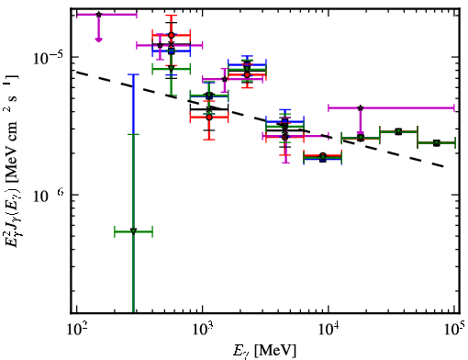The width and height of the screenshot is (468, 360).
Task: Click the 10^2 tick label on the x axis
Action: [77, 330]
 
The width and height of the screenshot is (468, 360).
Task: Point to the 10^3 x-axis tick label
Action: [203, 330]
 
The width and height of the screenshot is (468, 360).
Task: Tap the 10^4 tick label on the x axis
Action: [329, 330]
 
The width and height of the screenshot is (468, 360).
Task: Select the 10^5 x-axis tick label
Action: [455, 330]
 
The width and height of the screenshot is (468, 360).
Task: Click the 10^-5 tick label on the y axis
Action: [48, 58]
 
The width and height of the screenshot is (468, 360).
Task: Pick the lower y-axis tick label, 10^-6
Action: [48, 196]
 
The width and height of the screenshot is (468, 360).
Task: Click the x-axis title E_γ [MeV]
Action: [264, 351]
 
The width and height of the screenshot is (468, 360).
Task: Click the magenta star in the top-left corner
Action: [98, 15]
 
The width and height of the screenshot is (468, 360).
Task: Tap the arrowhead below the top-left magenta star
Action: [98, 39]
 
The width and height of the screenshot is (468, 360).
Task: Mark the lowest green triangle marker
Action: [133, 231]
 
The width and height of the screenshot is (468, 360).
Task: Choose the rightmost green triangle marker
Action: [437, 143]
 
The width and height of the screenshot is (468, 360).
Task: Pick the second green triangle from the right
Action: [398, 132]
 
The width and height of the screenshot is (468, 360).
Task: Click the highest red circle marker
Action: [172, 35]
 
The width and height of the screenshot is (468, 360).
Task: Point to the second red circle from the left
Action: [209, 118]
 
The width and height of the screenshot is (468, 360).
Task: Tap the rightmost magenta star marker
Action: [361, 107]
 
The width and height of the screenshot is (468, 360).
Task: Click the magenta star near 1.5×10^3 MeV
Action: [225, 79]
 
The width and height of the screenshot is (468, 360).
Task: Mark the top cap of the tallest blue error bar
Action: [133, 74]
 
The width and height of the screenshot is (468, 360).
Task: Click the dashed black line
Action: [260, 119]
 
